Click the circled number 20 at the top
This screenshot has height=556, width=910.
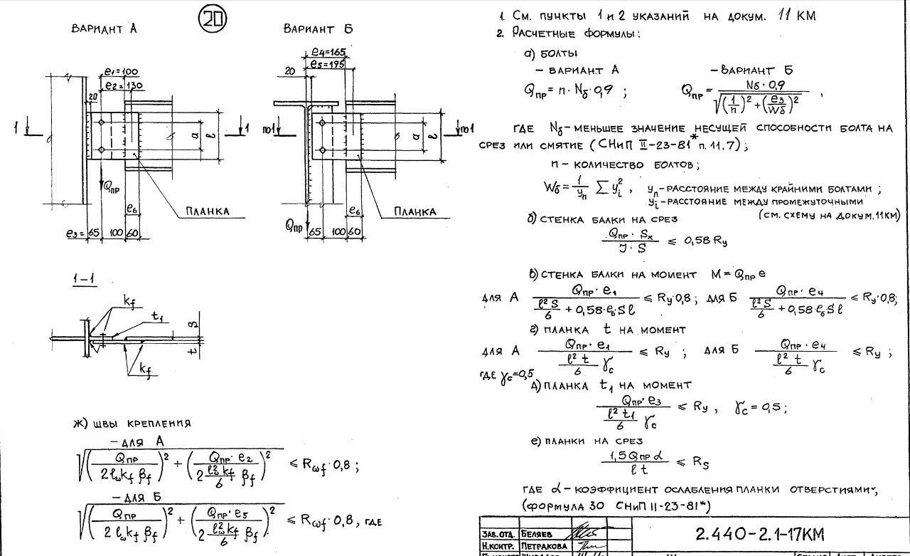click(x=212, y=19)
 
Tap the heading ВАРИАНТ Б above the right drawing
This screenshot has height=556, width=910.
click(x=318, y=29)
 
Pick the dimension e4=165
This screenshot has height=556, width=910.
click(x=328, y=52)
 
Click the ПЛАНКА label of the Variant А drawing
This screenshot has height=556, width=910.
click(x=207, y=211)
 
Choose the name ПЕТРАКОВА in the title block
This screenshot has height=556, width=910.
click(x=545, y=545)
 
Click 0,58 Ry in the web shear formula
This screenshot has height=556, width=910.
click(x=706, y=241)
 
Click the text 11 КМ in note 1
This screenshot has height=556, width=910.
click(x=796, y=15)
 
